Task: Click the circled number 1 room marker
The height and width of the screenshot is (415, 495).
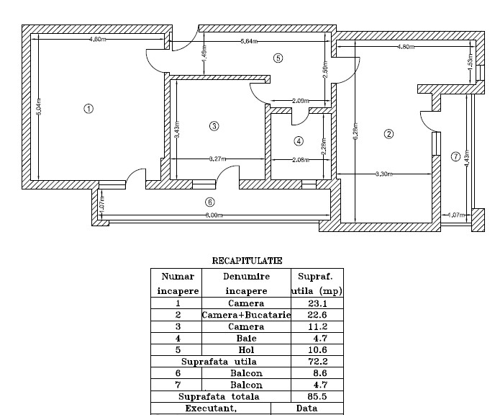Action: [88, 109]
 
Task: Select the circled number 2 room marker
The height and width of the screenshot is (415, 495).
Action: [389, 133]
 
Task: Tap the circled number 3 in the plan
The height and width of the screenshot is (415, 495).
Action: [213, 126]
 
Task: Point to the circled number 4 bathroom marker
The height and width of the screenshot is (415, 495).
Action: [299, 140]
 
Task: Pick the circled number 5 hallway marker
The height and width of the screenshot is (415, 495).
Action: [278, 58]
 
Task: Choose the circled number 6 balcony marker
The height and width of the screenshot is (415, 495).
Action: [209, 202]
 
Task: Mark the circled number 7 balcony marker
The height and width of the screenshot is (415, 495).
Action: [455, 156]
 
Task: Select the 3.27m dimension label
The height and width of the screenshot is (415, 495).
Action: [218, 159]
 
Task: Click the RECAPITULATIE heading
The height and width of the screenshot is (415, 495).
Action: [247, 260]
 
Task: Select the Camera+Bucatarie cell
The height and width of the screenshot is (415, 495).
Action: [246, 316]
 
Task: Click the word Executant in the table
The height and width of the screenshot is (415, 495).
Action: [210, 409]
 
